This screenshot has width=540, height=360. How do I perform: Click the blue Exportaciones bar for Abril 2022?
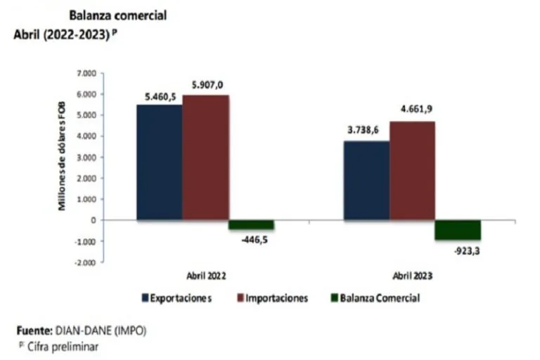pos(159,162)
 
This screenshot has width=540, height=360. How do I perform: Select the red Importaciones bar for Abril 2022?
pos(205,157)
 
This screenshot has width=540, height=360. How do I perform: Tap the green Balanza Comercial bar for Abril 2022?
pos(251,225)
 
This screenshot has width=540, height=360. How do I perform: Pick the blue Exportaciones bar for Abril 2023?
pos(366,181)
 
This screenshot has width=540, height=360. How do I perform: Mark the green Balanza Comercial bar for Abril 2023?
pos(458,230)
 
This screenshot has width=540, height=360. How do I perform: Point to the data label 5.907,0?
pos(207,85)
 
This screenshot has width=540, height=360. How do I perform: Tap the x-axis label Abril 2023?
pos(412,278)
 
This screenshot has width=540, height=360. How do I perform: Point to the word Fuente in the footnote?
pos(32,330)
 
